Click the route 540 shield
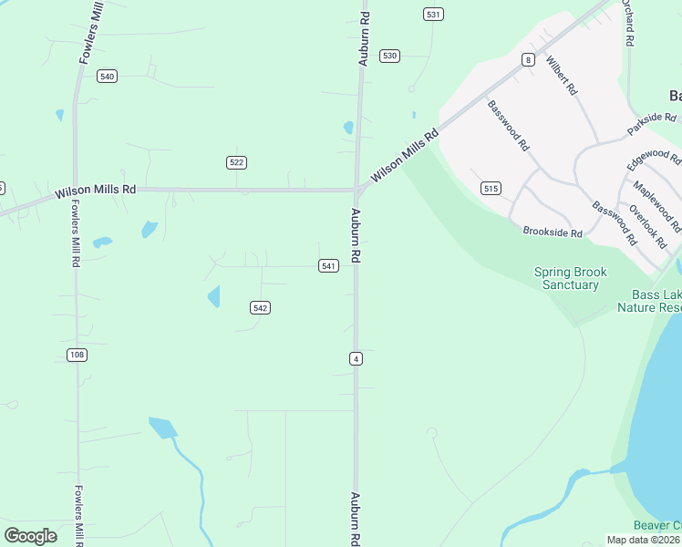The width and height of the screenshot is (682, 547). tap(108, 77)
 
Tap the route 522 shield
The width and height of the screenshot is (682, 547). tap(237, 162)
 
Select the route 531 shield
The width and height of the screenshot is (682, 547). tap(433, 14)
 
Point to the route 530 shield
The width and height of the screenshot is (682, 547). tap(390, 56)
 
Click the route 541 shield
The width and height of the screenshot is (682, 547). tap(329, 265)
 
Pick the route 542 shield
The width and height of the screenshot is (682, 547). tap(261, 308)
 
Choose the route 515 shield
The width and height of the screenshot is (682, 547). tap(491, 189)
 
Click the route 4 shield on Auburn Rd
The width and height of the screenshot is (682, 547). tap(356, 359)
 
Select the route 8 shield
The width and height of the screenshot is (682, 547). tap(528, 60)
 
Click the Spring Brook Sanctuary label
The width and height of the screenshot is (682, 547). tap(570, 278)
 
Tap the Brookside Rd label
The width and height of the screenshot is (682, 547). tap(553, 232)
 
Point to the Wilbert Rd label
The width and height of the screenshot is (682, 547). tap(562, 76)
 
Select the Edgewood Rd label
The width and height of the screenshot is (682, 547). tap(653, 159)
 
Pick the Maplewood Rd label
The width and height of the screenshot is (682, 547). tap(657, 204)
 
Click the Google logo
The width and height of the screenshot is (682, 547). tap(30, 536)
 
